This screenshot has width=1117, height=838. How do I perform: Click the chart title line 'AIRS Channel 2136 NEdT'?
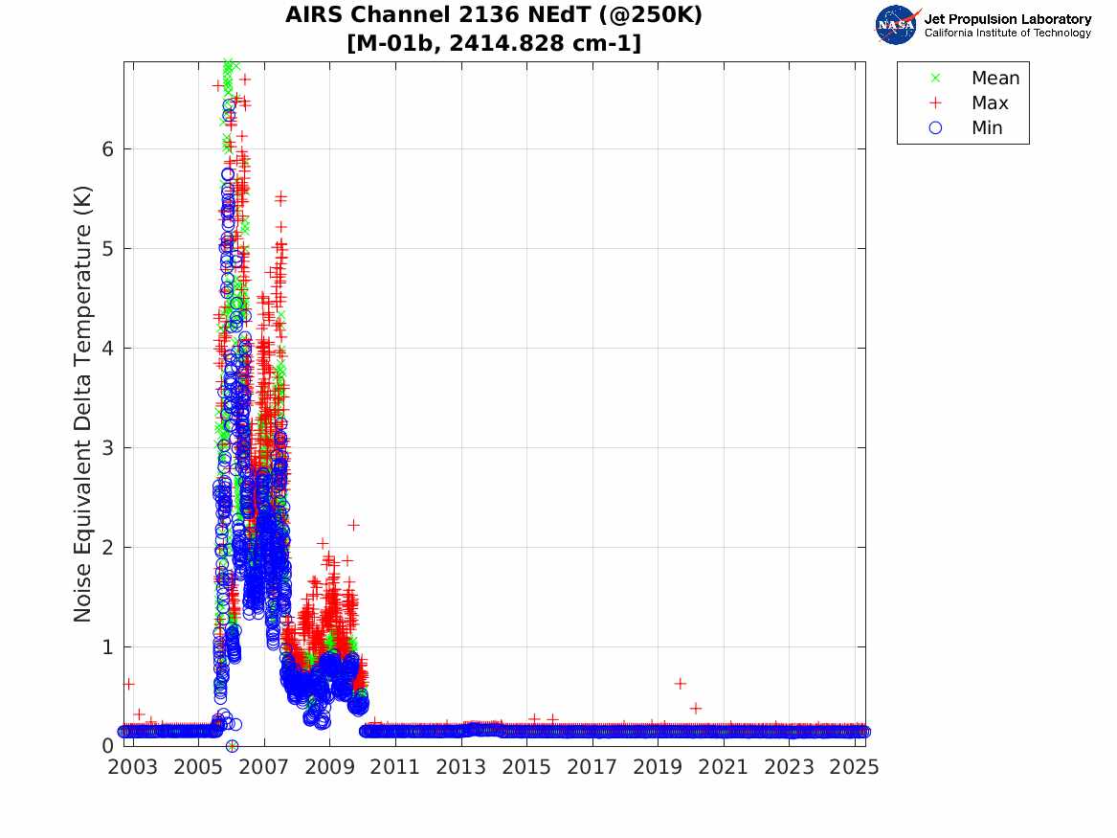[x=493, y=16]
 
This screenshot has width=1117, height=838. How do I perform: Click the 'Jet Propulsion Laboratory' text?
[x=1008, y=19]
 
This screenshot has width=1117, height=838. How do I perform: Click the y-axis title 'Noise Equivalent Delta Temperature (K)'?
[x=83, y=404]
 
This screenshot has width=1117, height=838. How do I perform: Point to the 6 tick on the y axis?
[x=109, y=149]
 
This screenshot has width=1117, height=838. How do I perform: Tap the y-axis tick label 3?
[x=109, y=448]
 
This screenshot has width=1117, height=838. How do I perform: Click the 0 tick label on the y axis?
[x=109, y=746]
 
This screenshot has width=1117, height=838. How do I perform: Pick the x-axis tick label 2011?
[x=395, y=767]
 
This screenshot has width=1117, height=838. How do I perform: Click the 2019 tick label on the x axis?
[x=658, y=767]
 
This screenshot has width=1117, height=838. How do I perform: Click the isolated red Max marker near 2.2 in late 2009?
[x=353, y=525]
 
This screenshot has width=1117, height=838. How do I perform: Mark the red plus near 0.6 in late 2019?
[x=680, y=684]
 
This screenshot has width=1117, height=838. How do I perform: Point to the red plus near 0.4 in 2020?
[x=696, y=708]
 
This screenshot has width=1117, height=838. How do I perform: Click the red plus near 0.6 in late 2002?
[x=128, y=684]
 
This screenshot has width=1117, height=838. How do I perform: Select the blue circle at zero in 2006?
[x=232, y=746]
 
